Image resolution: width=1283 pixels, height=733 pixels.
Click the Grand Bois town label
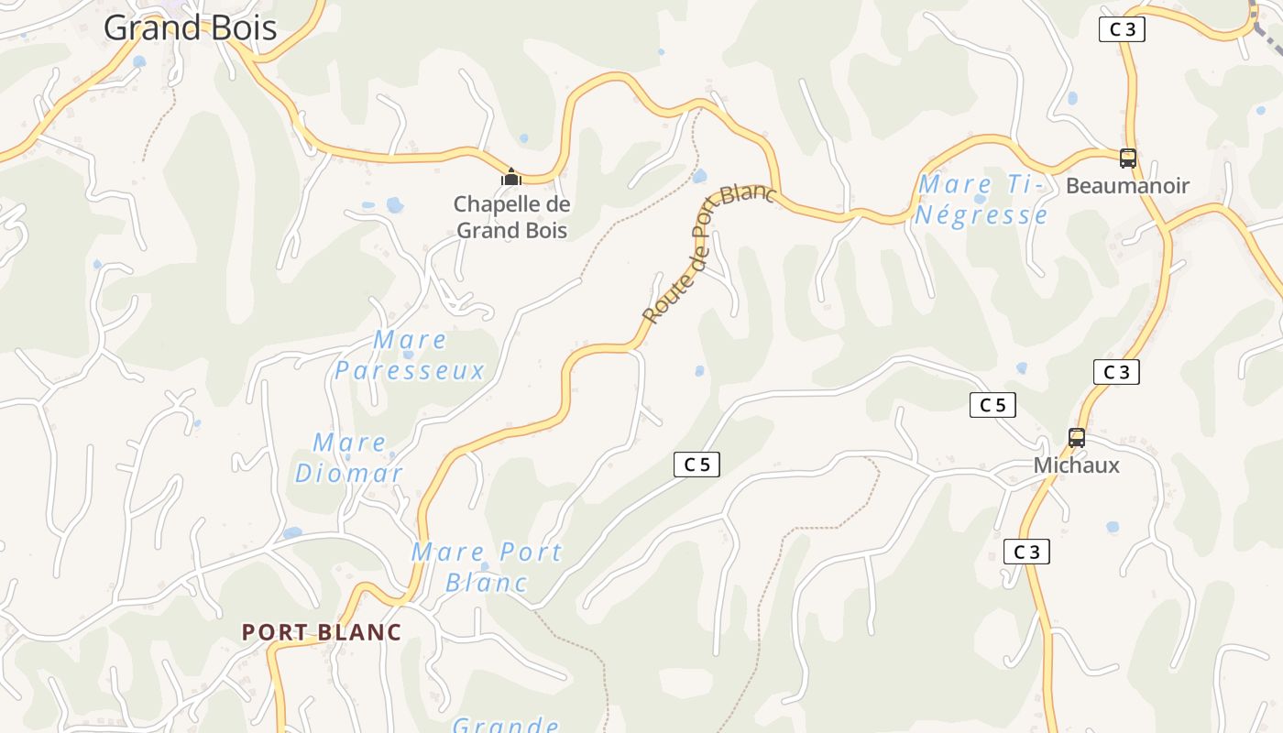point(190,27)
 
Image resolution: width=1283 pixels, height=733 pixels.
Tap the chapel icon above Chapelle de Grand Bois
point(511,176)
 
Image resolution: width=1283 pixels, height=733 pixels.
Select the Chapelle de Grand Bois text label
point(511,217)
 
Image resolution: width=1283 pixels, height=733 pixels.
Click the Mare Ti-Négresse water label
point(981,200)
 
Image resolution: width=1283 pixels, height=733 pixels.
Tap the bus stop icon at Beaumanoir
point(1127,158)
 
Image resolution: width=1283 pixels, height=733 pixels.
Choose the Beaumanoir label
point(1127,186)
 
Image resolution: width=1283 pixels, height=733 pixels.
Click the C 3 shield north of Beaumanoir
point(1122,29)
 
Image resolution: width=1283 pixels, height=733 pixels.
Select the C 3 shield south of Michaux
point(1026,552)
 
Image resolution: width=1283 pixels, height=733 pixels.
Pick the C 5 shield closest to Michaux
point(992,405)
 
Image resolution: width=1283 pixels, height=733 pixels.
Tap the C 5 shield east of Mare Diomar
point(696,465)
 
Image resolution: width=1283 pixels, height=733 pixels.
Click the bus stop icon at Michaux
point(1077,438)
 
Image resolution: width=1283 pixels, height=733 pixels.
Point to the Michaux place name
point(1077,465)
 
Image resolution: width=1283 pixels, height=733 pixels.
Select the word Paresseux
point(410,371)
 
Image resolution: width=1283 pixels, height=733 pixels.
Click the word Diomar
point(349,474)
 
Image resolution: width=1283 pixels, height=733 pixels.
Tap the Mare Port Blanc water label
point(487,566)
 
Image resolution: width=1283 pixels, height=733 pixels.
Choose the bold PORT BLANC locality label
point(322,632)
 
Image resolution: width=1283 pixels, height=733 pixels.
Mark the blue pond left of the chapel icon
point(395,204)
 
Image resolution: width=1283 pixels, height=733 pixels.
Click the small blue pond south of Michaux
point(1113,528)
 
